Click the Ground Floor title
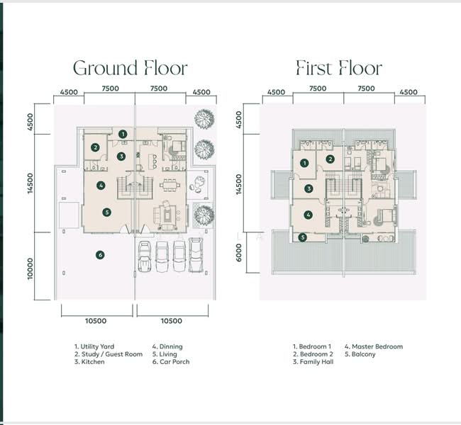coord(130,68)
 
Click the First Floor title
coord(339,68)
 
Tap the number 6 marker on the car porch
coord(100,255)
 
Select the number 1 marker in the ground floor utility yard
coord(123,134)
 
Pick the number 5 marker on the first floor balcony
coord(303,237)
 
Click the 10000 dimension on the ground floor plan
coord(30,268)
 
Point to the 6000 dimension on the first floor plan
coord(239,253)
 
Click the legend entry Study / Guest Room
coord(109,354)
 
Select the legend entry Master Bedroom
coord(374,346)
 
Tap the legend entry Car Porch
coord(171,362)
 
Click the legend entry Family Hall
coord(313,362)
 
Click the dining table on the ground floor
coord(170,186)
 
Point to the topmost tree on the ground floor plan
coord(204,119)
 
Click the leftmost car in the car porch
coord(145,256)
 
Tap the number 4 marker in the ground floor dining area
coord(101,186)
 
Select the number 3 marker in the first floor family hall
coord(309,188)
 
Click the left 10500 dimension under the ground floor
coord(96,321)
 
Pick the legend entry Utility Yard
coord(94,346)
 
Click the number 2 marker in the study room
coord(95,147)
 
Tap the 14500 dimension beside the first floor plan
coord(239,184)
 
